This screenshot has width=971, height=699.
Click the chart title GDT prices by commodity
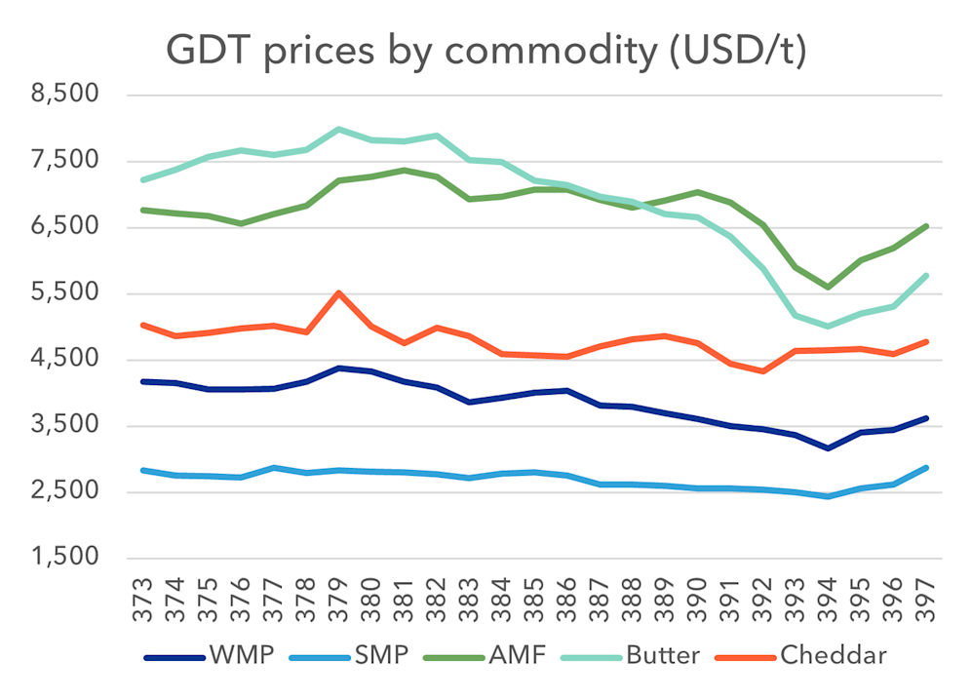[485, 50]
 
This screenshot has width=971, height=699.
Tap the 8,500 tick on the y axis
[65, 96]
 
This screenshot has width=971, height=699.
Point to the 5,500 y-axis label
[65, 293]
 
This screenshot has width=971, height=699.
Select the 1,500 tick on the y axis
[65, 558]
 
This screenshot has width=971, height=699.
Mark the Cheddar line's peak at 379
[338, 292]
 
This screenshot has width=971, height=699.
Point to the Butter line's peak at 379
[338, 129]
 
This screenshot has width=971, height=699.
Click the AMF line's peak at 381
[404, 170]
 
